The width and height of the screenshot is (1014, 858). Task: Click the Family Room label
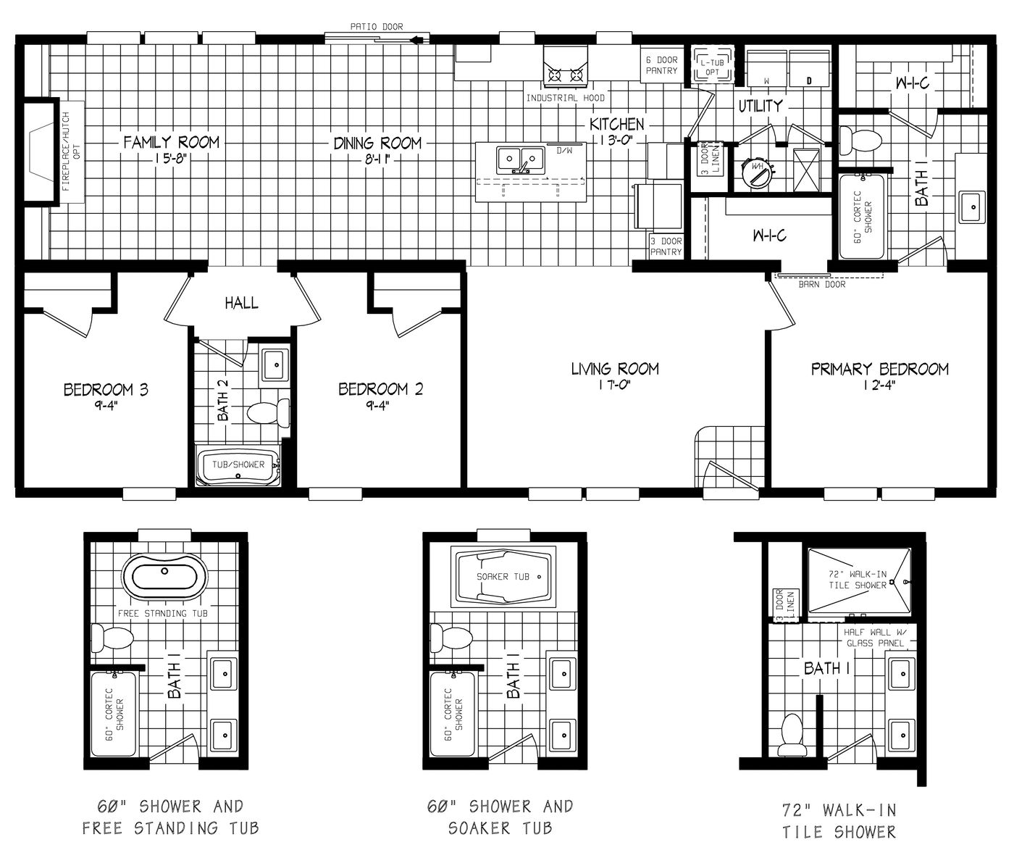(x=171, y=142)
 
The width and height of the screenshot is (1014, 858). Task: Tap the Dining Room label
(x=377, y=143)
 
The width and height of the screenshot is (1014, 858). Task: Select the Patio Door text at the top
(x=376, y=27)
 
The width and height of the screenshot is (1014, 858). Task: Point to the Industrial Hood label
(x=565, y=98)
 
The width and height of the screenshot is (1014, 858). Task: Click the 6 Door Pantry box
(x=661, y=66)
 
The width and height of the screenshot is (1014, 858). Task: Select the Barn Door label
(x=822, y=284)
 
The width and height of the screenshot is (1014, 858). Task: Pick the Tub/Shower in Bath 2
(x=238, y=465)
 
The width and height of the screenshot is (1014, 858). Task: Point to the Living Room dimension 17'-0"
(x=615, y=386)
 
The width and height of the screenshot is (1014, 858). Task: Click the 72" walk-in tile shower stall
(x=858, y=580)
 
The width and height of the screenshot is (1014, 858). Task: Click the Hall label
(x=241, y=303)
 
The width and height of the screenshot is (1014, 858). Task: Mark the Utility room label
(x=760, y=106)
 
